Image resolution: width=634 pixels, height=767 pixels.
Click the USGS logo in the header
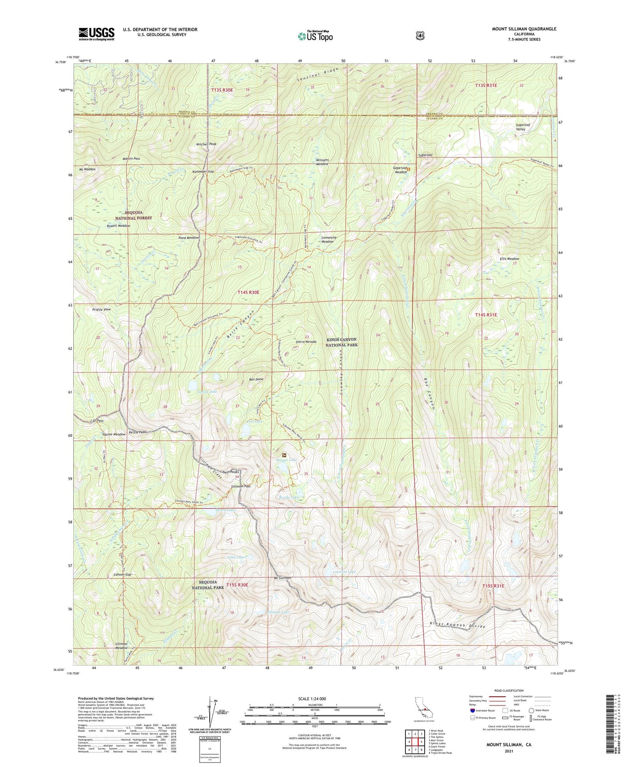click(x=97, y=33)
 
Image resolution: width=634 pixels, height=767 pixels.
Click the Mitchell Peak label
click(x=206, y=144)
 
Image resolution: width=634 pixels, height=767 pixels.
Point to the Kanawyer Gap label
click(x=203, y=171)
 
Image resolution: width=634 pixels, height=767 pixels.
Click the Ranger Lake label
click(x=287, y=459)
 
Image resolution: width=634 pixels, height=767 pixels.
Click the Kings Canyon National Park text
click(x=341, y=342)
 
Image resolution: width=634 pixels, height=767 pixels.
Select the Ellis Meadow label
click(x=509, y=259)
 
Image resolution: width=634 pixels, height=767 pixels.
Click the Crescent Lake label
click(x=344, y=572)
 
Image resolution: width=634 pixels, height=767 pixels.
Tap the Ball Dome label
click(x=256, y=379)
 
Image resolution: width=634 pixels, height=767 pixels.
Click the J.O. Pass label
click(x=96, y=421)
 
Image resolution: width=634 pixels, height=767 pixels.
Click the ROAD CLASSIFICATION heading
click(x=509, y=691)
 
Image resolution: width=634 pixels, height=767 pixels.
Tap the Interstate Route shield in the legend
click(x=472, y=710)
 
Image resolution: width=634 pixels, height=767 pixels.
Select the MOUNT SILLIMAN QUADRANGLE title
click(x=524, y=29)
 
